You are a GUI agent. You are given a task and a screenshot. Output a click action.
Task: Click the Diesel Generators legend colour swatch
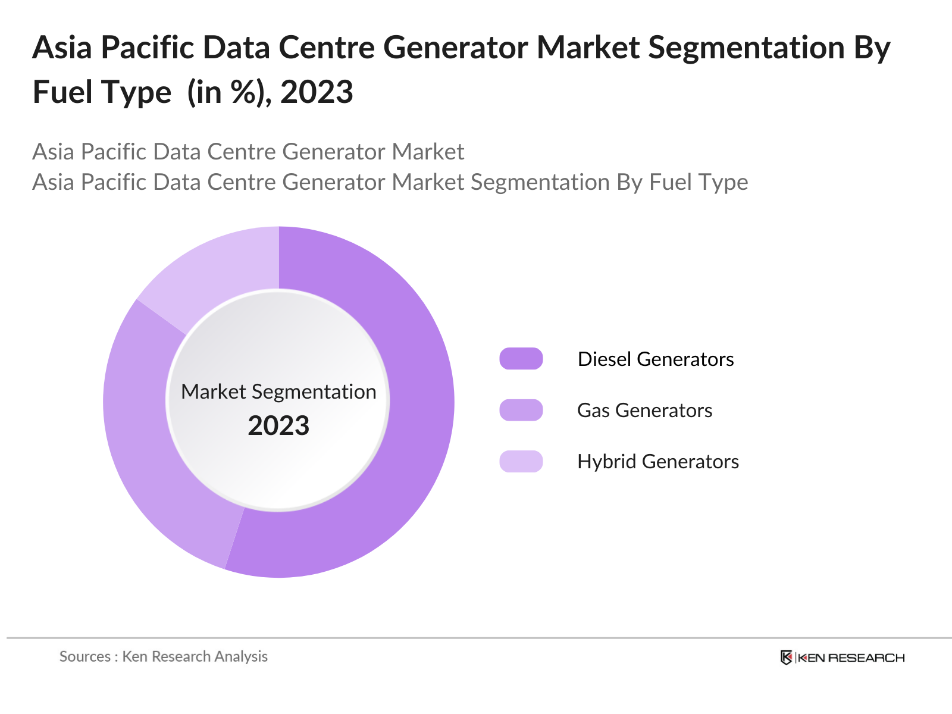tap(521, 359)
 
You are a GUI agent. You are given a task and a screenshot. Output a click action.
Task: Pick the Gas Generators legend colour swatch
tap(521, 410)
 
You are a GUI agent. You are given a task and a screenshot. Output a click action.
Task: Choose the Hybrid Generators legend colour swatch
tap(521, 461)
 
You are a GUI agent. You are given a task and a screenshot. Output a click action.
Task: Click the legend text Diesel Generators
tap(656, 359)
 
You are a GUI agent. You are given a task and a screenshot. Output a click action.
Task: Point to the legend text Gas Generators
tap(644, 410)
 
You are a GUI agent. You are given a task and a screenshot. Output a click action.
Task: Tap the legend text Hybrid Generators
tap(658, 461)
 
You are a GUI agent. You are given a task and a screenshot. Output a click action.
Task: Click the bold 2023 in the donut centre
tap(278, 426)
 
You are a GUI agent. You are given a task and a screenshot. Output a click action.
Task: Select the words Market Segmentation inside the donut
tap(278, 392)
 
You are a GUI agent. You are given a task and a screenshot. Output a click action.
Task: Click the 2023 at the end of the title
tap(317, 92)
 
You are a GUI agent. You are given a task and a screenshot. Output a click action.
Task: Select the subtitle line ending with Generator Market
tap(248, 152)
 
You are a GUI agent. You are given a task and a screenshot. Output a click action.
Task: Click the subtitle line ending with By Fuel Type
tap(390, 182)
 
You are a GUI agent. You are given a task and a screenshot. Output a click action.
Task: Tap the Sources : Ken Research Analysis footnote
tap(163, 656)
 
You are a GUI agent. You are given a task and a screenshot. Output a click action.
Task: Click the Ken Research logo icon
tap(786, 657)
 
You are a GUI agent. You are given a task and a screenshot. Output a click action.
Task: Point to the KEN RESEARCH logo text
tap(851, 657)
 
